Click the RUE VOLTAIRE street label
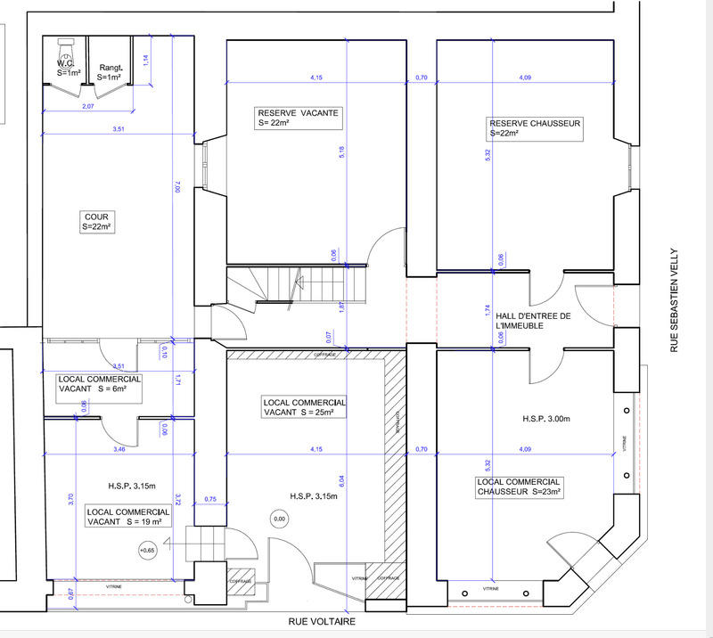(322, 621)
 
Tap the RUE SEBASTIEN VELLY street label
(675, 299)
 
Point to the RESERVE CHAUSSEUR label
(535, 128)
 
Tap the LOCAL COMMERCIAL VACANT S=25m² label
(304, 407)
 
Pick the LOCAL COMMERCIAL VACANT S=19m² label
(127, 518)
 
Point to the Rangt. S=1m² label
(110, 72)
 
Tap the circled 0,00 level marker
(279, 518)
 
